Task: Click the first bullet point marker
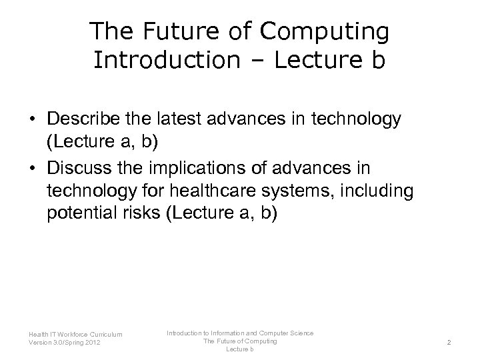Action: point(31,120)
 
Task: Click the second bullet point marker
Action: point(31,166)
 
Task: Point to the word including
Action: point(380,191)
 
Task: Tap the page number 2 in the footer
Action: point(449,341)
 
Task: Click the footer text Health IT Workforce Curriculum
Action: point(75,335)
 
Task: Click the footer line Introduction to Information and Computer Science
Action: point(239,333)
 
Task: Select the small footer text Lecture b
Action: point(239,349)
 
